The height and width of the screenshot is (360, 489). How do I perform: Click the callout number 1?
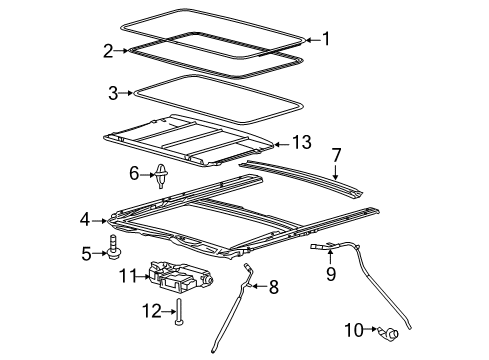[326, 39]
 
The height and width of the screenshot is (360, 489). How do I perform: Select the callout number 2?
[108, 51]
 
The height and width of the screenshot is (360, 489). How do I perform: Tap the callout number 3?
[113, 93]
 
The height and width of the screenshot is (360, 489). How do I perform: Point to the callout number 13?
[302, 142]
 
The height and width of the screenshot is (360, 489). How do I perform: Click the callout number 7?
[337, 156]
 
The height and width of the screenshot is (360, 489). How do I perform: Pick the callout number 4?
[85, 220]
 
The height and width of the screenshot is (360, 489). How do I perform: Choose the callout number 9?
[331, 274]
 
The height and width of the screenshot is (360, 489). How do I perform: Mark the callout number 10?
[354, 330]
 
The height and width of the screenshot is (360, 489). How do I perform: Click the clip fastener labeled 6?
[161, 175]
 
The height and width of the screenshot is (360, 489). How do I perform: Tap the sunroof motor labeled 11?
[179, 276]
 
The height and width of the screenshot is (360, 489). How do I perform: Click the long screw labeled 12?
[179, 311]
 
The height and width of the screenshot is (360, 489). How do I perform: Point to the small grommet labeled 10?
[389, 332]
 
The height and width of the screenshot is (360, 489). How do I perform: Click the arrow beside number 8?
[259, 286]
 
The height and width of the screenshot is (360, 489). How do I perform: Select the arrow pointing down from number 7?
[335, 172]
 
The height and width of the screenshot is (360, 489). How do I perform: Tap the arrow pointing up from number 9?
[330, 257]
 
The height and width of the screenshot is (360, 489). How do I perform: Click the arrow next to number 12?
[169, 311]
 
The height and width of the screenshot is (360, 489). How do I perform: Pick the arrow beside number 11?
[143, 276]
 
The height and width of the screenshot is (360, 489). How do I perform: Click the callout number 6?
[134, 174]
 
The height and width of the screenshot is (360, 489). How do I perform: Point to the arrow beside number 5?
[99, 253]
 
